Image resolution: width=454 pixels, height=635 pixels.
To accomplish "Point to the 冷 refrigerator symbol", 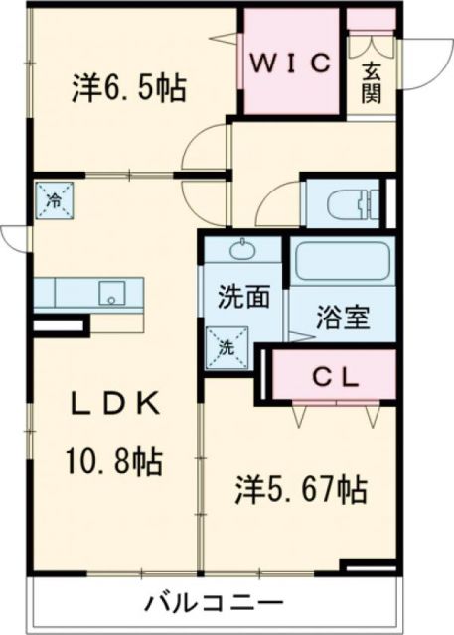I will tap(52, 199).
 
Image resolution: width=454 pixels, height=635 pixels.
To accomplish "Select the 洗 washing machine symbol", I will tap(226, 347).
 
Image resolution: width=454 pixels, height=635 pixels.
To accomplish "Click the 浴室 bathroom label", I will tap(343, 318).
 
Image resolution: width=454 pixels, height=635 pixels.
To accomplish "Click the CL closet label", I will tap(330, 376).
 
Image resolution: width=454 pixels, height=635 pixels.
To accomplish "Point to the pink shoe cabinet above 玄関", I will tap(370, 21).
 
